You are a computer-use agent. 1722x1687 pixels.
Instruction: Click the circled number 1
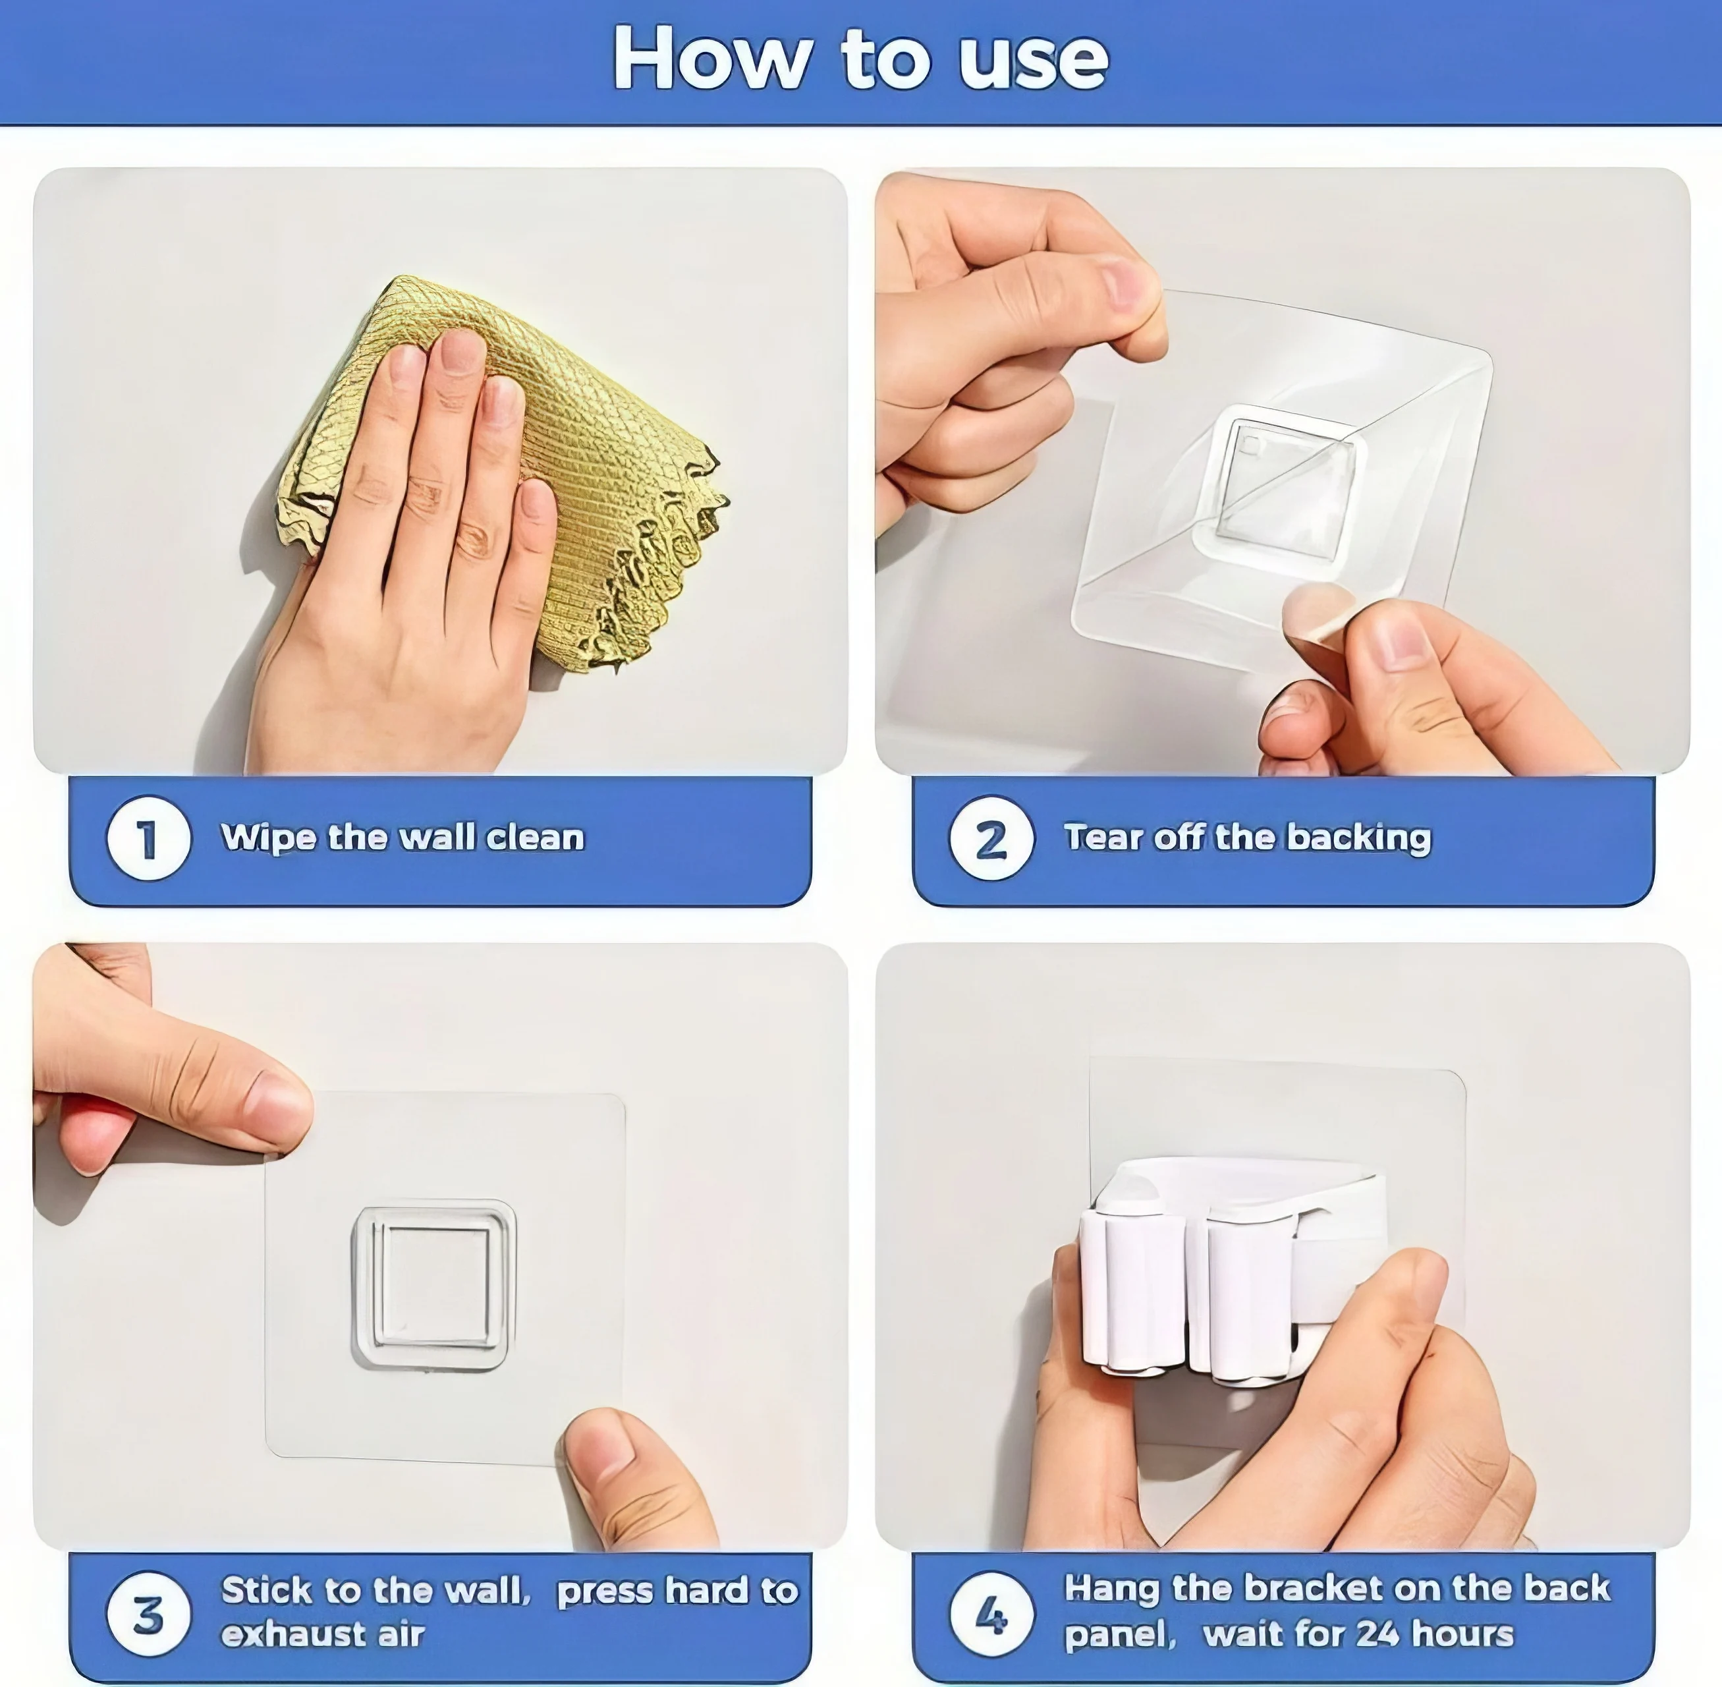pos(148,838)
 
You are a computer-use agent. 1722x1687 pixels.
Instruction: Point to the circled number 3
pos(148,1615)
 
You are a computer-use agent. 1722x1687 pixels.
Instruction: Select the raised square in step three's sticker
pos(434,1285)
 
